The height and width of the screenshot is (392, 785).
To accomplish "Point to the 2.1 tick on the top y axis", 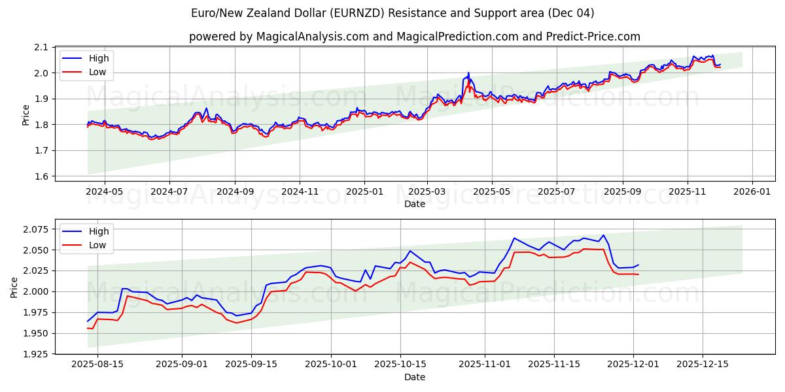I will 42,47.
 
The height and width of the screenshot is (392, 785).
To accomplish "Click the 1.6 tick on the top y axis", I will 42,176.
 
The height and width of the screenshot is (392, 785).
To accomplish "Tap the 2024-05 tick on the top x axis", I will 104,192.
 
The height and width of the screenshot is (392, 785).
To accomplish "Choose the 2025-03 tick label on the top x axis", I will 427,192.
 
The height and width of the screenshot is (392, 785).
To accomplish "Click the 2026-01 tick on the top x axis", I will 752,192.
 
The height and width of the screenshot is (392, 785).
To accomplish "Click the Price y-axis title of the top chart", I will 26,114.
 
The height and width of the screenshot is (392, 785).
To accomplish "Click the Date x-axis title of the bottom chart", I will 415,377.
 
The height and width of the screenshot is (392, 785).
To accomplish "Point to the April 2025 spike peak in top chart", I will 468,73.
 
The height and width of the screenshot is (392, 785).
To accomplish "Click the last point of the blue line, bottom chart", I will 638,265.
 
